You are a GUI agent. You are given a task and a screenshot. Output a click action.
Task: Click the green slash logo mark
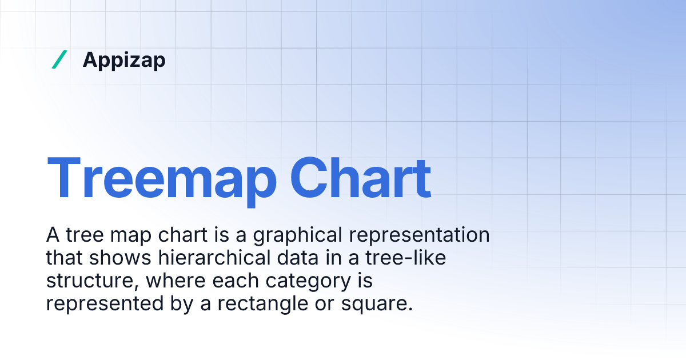click(x=59, y=59)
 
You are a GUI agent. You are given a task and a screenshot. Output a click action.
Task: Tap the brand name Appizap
click(x=124, y=60)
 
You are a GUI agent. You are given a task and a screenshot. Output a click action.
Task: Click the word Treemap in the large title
click(x=161, y=177)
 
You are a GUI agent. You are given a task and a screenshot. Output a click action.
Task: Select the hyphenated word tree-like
click(x=408, y=258)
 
